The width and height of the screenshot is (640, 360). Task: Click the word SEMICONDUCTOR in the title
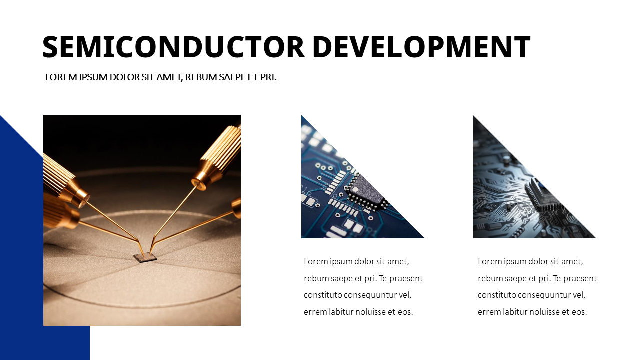coord(173,47)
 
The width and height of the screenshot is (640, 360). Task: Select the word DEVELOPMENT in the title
coord(421,47)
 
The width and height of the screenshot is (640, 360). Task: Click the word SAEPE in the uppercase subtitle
coord(233,77)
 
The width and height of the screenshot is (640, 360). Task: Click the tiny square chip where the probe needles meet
coord(145,257)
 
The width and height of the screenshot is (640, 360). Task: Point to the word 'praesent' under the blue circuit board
coord(406,278)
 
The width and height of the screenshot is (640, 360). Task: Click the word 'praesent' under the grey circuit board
coord(580,278)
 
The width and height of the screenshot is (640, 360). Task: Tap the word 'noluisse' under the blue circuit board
coord(371,312)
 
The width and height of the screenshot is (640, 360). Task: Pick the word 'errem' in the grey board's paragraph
coord(489,312)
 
